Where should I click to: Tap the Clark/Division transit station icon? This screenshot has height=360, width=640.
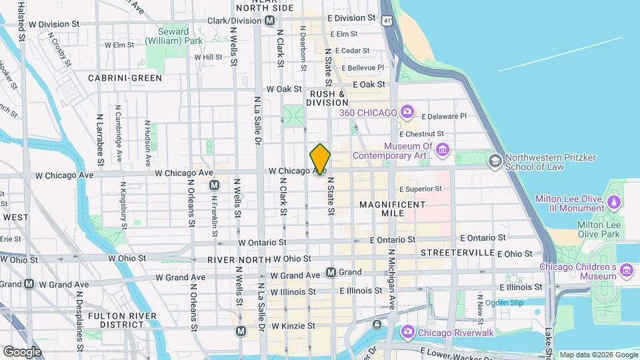tap(269, 21)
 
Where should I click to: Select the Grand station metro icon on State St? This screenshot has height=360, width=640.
tap(331, 272)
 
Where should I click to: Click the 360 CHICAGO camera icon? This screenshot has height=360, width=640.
tap(407, 113)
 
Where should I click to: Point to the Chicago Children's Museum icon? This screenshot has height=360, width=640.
tap(625, 270)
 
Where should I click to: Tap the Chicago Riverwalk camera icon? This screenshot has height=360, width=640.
tap(407, 331)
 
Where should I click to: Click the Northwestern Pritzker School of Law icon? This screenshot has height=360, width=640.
tap(495, 160)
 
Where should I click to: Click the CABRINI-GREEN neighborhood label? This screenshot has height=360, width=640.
tap(125, 78)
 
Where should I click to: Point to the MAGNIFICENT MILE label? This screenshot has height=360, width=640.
tap(392, 209)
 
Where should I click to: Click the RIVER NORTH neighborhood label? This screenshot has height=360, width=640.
tap(231, 259)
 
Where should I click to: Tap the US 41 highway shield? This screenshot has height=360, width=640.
tap(387, 21)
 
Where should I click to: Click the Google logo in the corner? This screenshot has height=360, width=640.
tap(22, 351)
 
